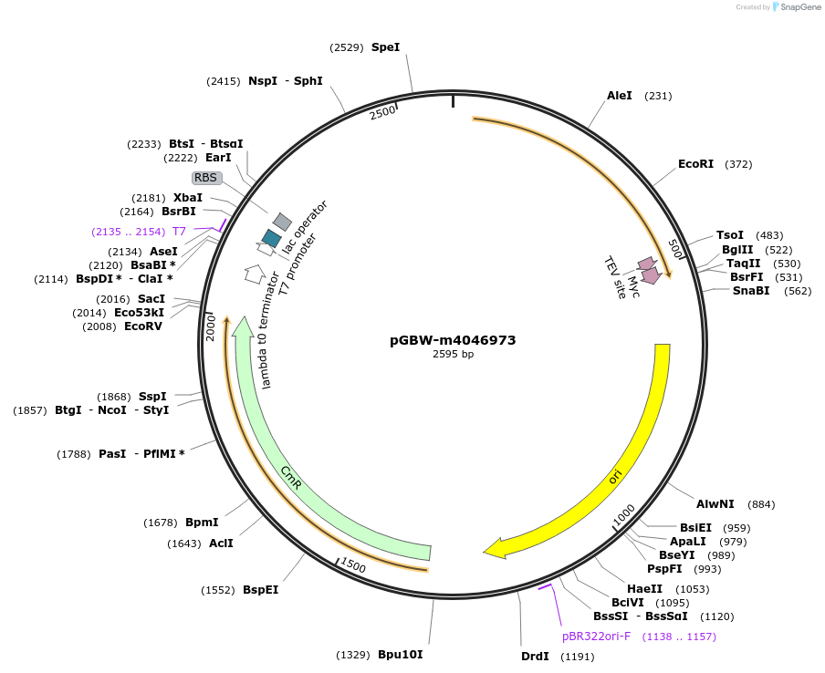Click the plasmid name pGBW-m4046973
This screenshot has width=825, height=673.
[x=453, y=340]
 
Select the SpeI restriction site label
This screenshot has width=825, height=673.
[x=386, y=47]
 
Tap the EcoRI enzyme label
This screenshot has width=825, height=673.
[x=695, y=164]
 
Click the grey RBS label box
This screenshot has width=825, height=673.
[x=205, y=178]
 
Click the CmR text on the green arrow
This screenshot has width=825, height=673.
[x=291, y=478]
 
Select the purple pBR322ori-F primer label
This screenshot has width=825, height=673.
[x=596, y=637]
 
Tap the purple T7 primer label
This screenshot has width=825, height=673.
[x=180, y=232]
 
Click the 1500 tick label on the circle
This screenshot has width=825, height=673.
[x=353, y=565]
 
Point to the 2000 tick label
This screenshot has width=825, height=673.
[x=211, y=328]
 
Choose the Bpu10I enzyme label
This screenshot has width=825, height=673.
[x=401, y=655]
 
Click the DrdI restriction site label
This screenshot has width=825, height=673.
[x=535, y=657]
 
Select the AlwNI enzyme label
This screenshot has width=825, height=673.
[x=715, y=504]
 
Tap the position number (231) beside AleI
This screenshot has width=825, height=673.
[x=658, y=96]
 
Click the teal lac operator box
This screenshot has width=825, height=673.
[x=271, y=238]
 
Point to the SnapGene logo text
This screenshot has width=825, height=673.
[x=800, y=6]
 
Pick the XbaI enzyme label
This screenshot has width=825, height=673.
[x=188, y=198]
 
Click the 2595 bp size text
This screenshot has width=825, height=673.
[x=453, y=355]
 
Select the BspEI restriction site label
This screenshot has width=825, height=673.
[x=260, y=590]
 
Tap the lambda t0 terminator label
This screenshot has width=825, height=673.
[x=266, y=330]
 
